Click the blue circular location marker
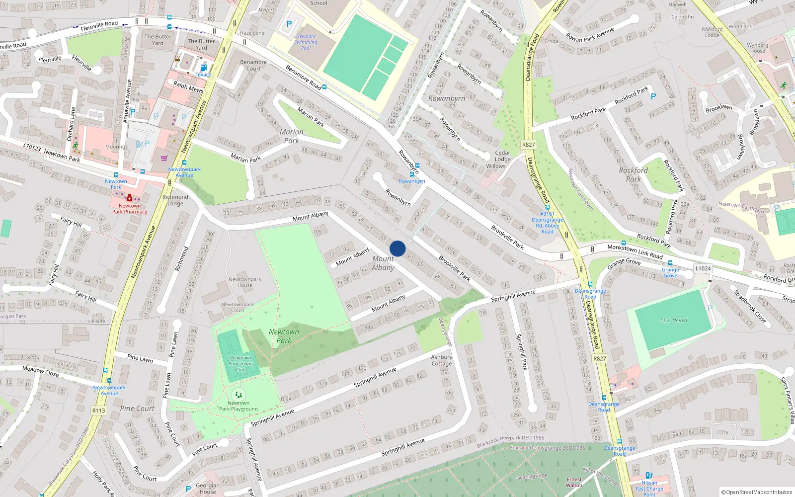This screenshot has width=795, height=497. [x=397, y=248]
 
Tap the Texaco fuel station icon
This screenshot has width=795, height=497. [x=203, y=68]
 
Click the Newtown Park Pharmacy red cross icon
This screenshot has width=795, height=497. [x=130, y=198]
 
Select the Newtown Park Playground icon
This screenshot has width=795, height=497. [x=238, y=395]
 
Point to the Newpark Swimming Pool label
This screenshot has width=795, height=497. [x=306, y=42]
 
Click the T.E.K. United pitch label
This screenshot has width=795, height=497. [x=673, y=321]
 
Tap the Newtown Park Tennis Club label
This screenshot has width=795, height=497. [x=241, y=364]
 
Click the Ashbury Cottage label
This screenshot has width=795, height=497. [x=441, y=360]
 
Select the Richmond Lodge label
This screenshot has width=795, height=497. [x=175, y=200]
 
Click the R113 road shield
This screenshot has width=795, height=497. [x=99, y=411]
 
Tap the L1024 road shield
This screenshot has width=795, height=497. [x=703, y=268]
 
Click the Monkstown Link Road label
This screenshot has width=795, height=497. [x=635, y=251]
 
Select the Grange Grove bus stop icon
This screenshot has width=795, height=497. [x=670, y=263]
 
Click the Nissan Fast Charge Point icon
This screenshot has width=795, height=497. [x=648, y=476]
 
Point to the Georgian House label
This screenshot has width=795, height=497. [x=208, y=489]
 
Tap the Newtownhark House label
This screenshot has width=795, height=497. [x=245, y=282]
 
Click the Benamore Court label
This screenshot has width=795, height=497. [x=253, y=65]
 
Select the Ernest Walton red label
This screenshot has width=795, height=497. [x=574, y=482]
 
